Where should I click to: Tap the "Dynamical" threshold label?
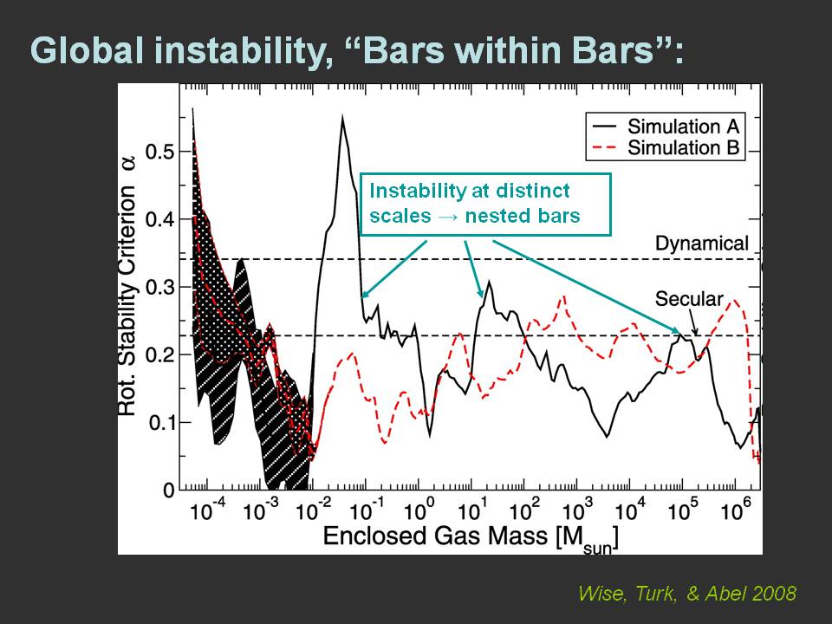coord(701,244)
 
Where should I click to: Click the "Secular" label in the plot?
coord(689,299)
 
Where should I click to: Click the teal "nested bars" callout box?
coord(485,204)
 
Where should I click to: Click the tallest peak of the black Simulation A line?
coord(342,116)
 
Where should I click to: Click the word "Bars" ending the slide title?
coord(623,51)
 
